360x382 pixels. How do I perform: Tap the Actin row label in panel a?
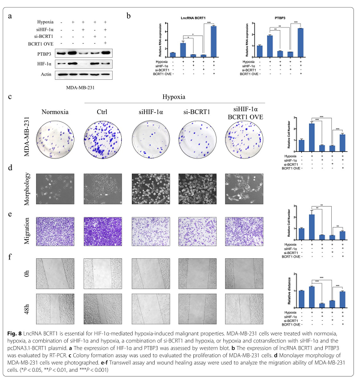tap(28, 74)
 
